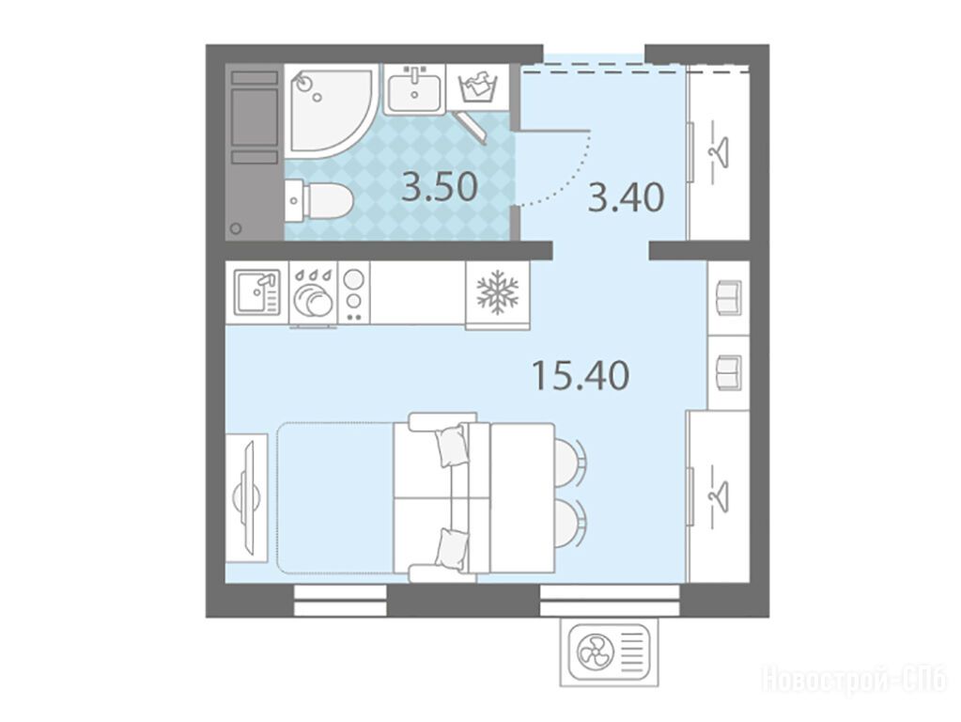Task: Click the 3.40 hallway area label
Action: pos(626,197)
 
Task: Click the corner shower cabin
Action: pos(328,111)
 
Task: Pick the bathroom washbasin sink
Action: pos(415,90)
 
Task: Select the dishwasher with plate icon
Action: pos(313,294)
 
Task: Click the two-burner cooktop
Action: pos(353,292)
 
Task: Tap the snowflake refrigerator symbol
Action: pos(497,288)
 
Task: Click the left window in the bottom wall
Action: pos(340,601)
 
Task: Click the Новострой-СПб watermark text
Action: pos(856,681)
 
